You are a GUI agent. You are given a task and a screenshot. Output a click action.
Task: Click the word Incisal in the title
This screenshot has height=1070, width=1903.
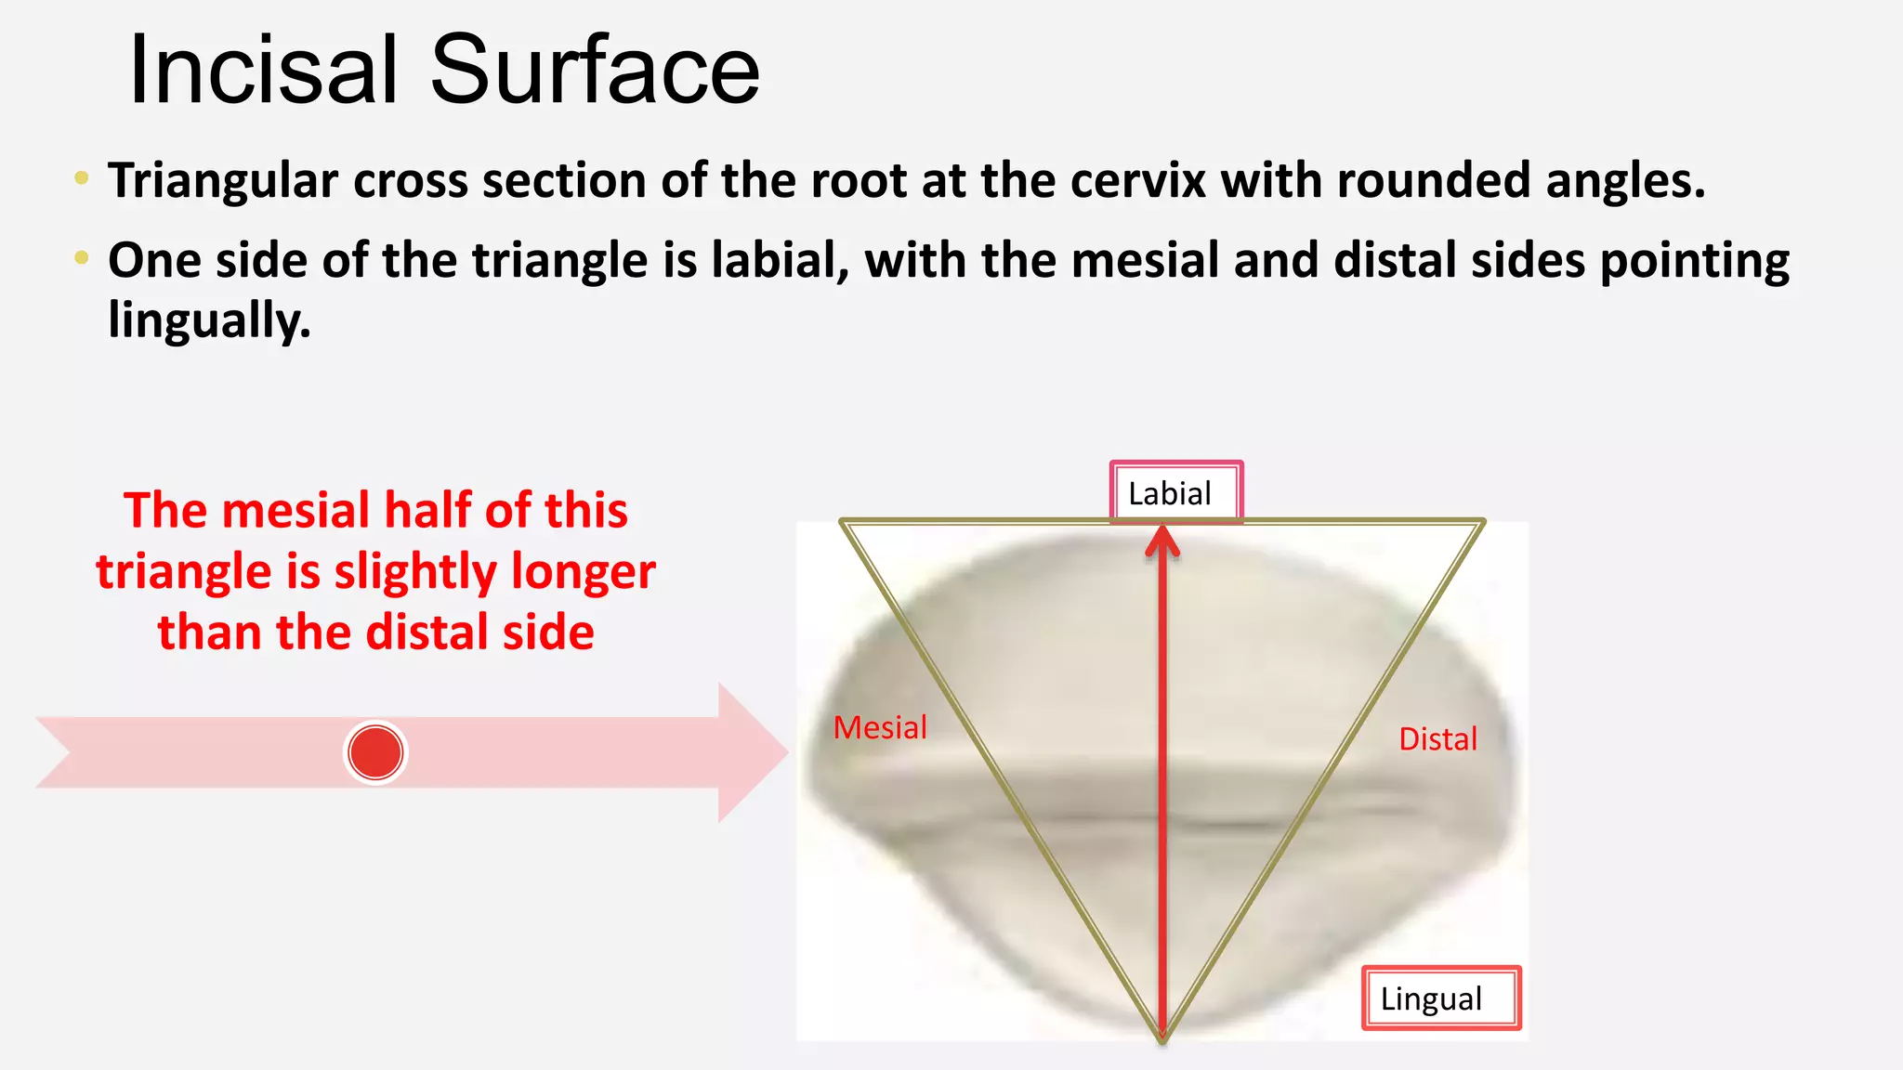point(265,70)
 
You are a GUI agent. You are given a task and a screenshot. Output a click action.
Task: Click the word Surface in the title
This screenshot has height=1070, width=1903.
point(595,70)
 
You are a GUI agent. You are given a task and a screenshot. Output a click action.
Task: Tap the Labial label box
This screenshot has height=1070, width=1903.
point(1175,493)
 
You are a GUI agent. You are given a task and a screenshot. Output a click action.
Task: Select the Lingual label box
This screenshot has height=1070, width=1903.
point(1439,998)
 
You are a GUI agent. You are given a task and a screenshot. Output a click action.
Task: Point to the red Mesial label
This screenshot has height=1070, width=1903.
point(880,727)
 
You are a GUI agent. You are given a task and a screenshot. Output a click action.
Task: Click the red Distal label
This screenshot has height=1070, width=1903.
point(1437,739)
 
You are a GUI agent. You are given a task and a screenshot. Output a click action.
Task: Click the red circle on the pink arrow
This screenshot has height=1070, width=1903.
point(375,752)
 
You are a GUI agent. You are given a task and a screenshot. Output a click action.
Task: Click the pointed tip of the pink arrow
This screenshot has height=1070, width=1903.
point(785,752)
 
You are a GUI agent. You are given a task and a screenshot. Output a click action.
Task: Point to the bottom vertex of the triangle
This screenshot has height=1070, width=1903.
point(1162,1038)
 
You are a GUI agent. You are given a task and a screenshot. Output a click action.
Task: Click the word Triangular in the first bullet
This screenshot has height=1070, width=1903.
point(222,180)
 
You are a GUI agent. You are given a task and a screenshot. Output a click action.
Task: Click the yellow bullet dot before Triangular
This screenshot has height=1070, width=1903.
point(82,177)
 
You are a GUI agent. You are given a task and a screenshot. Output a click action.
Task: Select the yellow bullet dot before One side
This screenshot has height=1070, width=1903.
point(82,257)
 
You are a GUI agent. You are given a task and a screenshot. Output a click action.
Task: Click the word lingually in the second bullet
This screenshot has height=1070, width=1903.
point(208,320)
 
